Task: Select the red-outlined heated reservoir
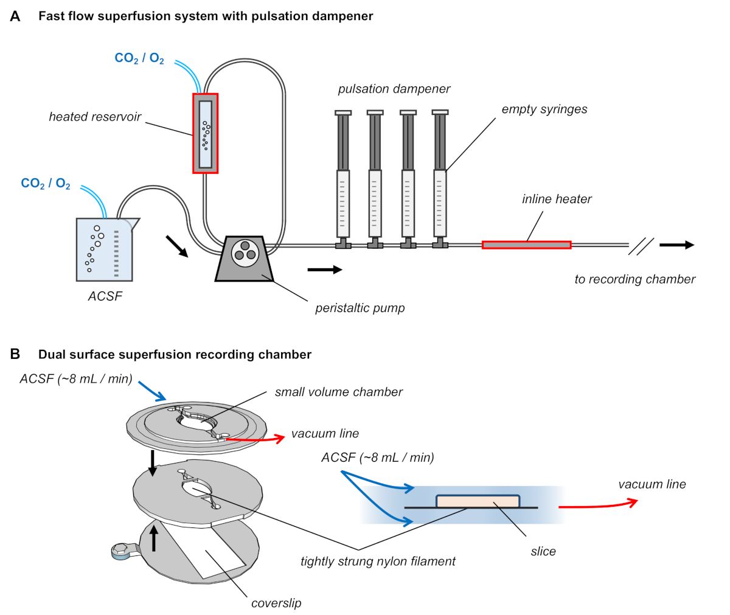tap(206, 133)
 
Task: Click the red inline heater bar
tap(526, 245)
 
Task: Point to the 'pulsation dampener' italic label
tap(394, 89)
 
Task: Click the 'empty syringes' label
tap(544, 109)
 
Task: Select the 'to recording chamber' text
tap(634, 279)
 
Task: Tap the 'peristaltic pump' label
tap(360, 308)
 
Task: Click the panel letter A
tap(15, 16)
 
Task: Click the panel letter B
tap(15, 354)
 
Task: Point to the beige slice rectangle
tap(478, 501)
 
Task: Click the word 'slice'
tap(543, 551)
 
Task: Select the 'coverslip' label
tap(276, 603)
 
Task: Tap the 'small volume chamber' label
tap(338, 392)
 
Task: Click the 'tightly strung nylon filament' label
tap(378, 561)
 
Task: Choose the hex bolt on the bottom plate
tap(120, 551)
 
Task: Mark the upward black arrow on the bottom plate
tap(154, 538)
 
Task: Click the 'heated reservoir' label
tap(95, 117)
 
